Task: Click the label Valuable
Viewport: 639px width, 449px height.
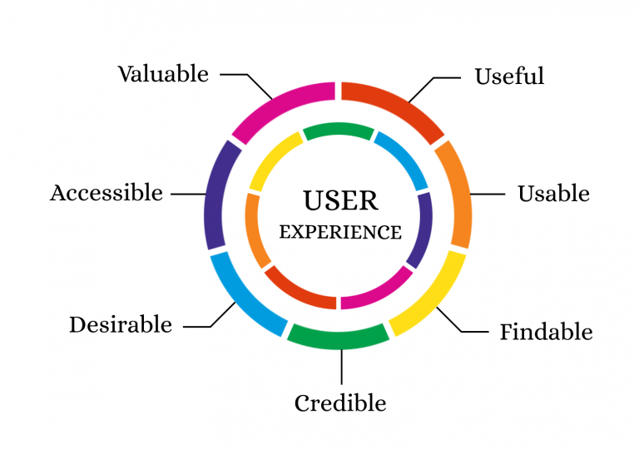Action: click(x=163, y=74)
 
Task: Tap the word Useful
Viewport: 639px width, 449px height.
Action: click(x=509, y=76)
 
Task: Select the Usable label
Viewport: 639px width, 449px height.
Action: click(x=553, y=194)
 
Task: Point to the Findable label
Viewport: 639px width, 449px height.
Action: click(x=546, y=333)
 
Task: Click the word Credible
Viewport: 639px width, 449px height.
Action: click(x=340, y=404)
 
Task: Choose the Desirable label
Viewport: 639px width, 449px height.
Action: click(x=121, y=324)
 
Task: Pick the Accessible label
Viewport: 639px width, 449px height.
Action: click(x=106, y=193)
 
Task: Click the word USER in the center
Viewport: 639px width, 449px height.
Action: click(x=340, y=200)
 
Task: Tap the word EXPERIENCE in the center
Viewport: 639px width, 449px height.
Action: click(x=340, y=232)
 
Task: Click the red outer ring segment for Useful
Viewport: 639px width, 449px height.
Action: click(x=396, y=105)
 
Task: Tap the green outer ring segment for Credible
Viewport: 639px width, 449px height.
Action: click(x=339, y=336)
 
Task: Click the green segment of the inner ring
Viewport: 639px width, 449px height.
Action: click(x=337, y=131)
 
